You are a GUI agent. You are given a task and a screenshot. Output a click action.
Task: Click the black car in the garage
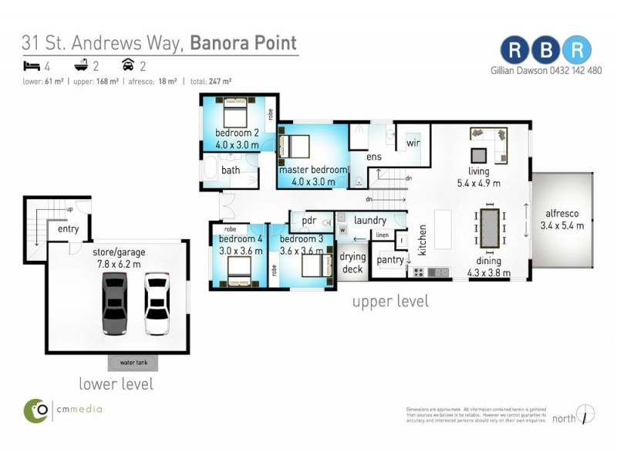(114, 303)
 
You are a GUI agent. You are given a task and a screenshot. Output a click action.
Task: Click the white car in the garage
(157, 303)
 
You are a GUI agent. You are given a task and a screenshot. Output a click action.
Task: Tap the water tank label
(133, 363)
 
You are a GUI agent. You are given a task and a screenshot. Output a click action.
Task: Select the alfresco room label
(564, 219)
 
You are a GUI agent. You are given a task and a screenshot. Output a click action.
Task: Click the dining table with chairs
(491, 229)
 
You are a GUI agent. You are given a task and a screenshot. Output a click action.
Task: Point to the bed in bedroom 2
(234, 115)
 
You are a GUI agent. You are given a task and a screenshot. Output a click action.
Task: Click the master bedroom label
(313, 170)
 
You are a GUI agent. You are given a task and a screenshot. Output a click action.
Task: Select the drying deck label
(352, 262)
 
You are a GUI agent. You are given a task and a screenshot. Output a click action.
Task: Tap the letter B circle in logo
(545, 49)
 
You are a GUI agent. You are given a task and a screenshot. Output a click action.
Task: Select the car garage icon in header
(127, 66)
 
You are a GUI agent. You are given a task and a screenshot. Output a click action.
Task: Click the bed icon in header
(29, 66)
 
